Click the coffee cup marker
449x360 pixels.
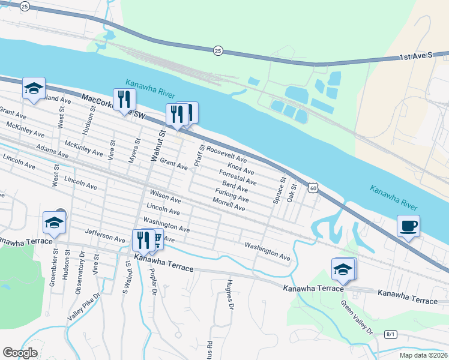pyautogui.click(x=408, y=226)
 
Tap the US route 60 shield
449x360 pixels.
pyautogui.click(x=312, y=188)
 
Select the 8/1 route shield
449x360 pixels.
pyautogui.click(x=391, y=334)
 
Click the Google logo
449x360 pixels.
pyautogui.click(x=20, y=353)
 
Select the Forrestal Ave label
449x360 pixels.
pyautogui.click(x=238, y=178)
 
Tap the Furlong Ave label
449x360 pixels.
pyautogui.click(x=232, y=194)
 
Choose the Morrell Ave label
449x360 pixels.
pyautogui.click(x=229, y=205)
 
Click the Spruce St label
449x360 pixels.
pyautogui.click(x=279, y=190)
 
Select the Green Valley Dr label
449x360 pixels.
pyautogui.click(x=357, y=316)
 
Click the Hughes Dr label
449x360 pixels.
pyautogui.click(x=229, y=295)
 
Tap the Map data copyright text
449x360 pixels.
pyautogui.click(x=423, y=355)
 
